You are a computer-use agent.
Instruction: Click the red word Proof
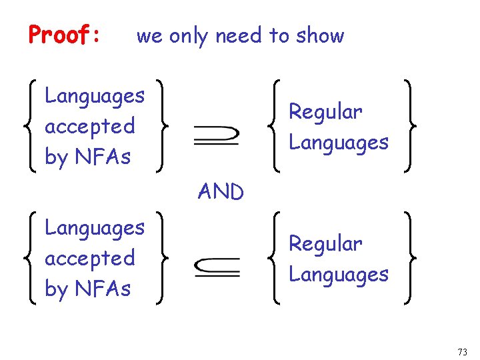(61, 35)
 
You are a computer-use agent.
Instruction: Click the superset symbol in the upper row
(216, 135)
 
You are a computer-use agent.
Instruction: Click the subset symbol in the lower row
(217, 267)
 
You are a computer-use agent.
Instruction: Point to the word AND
(221, 192)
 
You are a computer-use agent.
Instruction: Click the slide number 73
(463, 351)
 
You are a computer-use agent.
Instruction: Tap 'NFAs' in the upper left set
(103, 157)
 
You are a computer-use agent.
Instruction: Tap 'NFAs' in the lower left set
(103, 289)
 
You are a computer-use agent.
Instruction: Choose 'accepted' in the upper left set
(89, 126)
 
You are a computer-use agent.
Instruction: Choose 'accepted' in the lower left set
(89, 258)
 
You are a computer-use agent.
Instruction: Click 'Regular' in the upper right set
(325, 111)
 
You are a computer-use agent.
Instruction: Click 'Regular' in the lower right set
(325, 243)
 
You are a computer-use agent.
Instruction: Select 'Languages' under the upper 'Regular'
(338, 142)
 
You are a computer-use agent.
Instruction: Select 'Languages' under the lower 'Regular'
(338, 274)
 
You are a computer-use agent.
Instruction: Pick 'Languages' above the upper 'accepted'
(94, 96)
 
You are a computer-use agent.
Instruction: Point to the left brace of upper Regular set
(277, 126)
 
